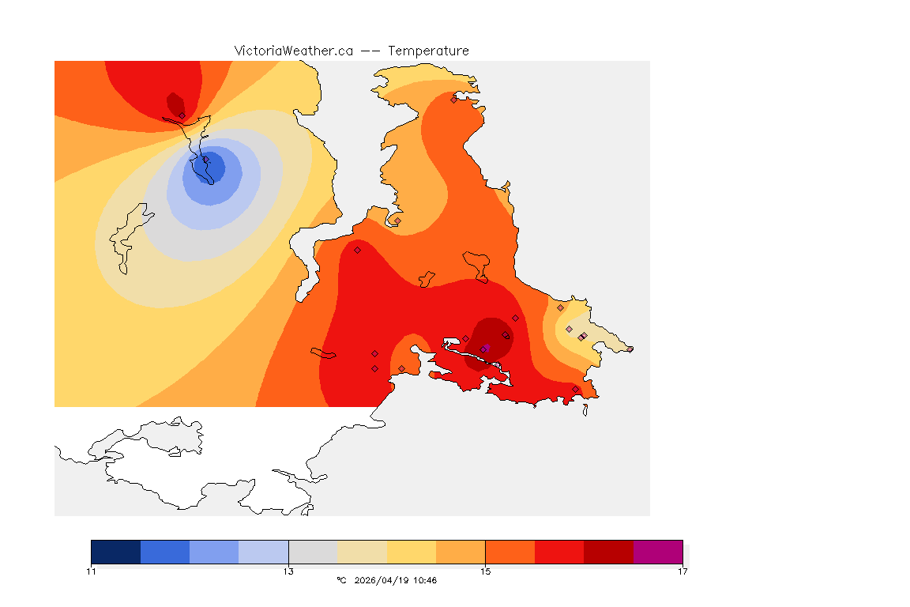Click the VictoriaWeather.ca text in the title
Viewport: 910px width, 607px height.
[293, 51]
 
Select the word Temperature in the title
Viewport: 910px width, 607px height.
[428, 51]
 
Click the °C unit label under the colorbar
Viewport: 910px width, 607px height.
[341, 580]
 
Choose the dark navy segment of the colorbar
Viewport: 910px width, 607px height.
[115, 552]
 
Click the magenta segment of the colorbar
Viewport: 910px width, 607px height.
[658, 552]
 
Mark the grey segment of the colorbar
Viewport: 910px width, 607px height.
[313, 552]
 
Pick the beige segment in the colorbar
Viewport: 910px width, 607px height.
[362, 552]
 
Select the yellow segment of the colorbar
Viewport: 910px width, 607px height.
[412, 552]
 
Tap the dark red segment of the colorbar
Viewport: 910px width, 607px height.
[608, 552]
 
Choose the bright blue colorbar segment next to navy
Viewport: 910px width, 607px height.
[165, 552]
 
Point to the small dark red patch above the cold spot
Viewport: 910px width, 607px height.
[175, 104]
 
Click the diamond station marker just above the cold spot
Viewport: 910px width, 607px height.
[182, 115]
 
